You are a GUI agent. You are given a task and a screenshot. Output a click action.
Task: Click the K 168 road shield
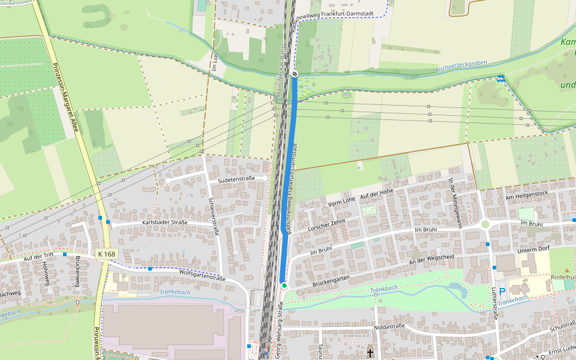(106, 254)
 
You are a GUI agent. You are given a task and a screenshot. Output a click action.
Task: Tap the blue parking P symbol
(502, 291)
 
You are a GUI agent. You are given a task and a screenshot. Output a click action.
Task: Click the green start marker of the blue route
(284, 286)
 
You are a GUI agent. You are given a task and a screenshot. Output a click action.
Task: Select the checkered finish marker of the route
(295, 74)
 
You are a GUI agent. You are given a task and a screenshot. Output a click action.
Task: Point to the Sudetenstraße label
(236, 179)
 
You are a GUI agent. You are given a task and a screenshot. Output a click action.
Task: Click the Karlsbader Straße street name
(164, 223)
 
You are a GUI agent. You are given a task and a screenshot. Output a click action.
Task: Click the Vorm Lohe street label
(342, 202)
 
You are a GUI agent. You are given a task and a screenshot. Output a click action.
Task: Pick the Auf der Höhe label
(376, 193)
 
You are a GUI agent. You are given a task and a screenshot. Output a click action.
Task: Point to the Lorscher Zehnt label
(328, 226)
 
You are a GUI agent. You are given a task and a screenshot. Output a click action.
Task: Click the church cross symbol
(370, 353)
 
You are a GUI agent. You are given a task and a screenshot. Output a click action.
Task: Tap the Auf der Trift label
(28, 257)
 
